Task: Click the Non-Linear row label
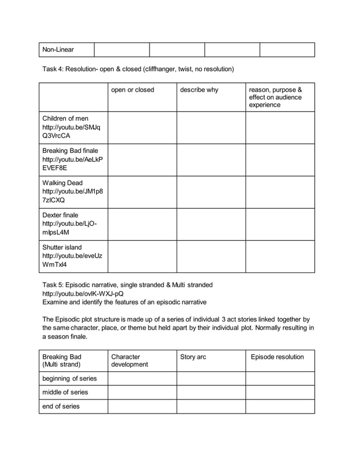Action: pyautogui.click(x=58, y=50)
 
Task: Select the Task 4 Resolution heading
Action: pyautogui.click(x=138, y=69)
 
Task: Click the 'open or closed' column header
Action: pyautogui.click(x=133, y=90)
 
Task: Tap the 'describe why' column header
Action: pyautogui.click(x=199, y=90)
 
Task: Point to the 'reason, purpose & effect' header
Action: pyautogui.click(x=275, y=97)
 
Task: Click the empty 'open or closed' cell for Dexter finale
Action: pyautogui.click(x=142, y=225)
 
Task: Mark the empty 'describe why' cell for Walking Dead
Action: pyautogui.click(x=211, y=192)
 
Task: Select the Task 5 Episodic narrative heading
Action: pyautogui.click(x=128, y=284)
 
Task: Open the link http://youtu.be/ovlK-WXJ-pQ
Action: pyautogui.click(x=83, y=293)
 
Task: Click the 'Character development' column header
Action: pyautogui.click(x=129, y=361)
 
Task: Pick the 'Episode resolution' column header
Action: pyautogui.click(x=277, y=357)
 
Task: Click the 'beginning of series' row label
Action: pyautogui.click(x=70, y=379)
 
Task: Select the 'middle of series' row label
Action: pyautogui.click(x=65, y=392)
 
